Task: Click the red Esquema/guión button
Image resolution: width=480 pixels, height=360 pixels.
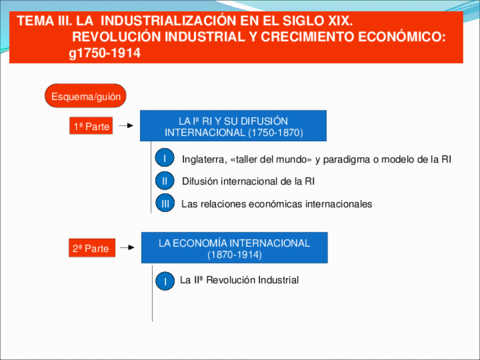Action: click(78, 96)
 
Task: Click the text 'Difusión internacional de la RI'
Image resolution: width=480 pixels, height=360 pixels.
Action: click(249, 181)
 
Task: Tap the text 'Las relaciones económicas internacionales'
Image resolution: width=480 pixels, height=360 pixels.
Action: click(277, 204)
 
